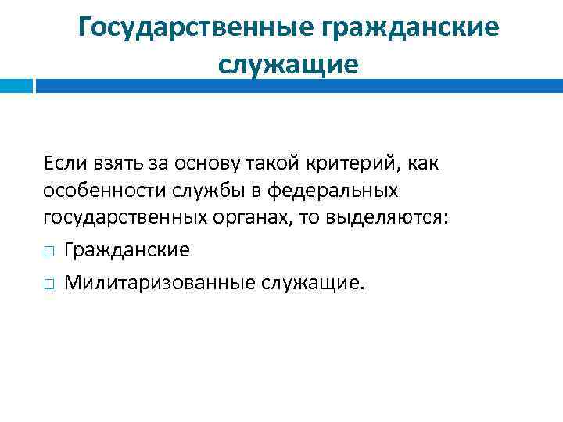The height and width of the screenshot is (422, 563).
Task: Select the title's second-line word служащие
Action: [x=288, y=63]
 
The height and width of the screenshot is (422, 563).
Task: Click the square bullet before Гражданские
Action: [x=48, y=251]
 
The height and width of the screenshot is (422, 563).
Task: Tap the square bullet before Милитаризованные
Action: [x=48, y=282]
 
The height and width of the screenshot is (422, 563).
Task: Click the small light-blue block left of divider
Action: [x=15, y=85]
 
